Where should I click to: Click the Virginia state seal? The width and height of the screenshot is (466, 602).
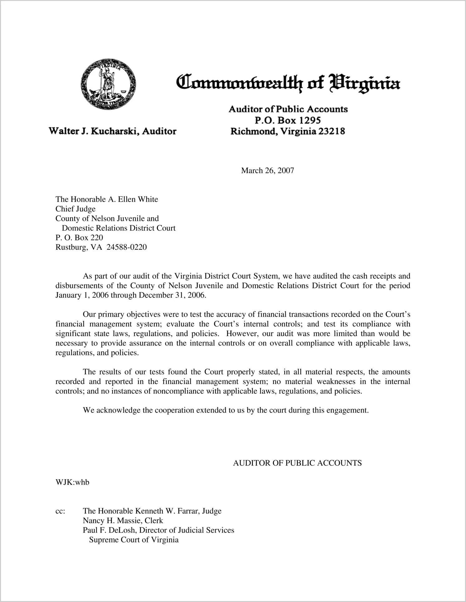108,84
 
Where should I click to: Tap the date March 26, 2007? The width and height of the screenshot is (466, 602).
267,171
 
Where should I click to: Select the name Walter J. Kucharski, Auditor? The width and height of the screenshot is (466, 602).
113,131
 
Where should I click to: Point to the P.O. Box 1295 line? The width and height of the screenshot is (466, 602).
288,120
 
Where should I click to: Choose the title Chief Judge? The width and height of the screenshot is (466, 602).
75,209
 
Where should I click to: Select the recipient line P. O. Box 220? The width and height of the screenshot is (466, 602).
79,238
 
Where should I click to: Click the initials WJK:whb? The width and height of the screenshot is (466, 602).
72,482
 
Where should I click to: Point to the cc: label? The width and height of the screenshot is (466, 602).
60,511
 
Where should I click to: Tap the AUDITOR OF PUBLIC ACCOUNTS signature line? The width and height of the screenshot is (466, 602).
297,463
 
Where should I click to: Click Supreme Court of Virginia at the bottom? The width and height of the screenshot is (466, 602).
134,540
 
